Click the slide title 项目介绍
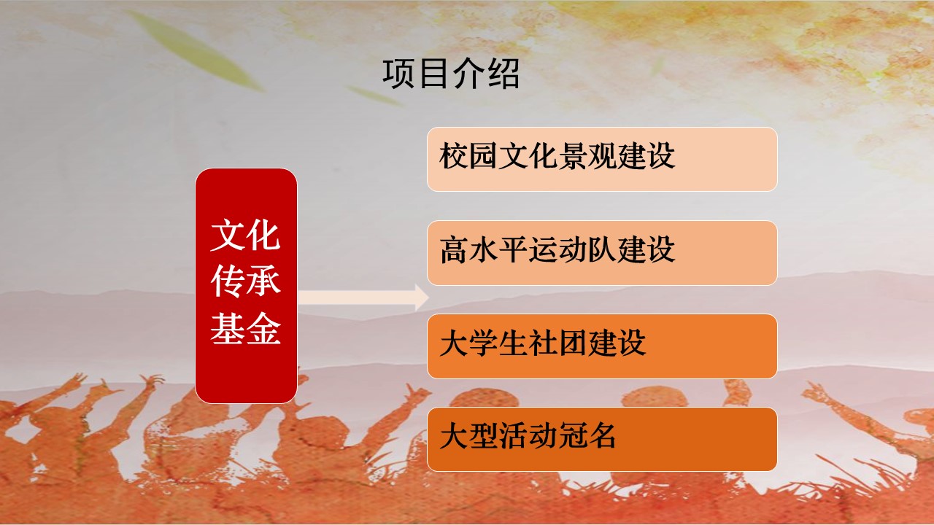pos(451,74)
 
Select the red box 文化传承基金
pos(246,286)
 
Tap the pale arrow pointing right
pos(363,297)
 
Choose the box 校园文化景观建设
pos(602,159)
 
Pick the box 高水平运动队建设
pos(602,253)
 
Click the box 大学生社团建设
pos(602,346)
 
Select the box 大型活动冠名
pos(602,440)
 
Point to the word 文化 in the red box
pos(246,236)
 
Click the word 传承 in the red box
pos(246,281)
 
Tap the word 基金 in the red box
pos(246,328)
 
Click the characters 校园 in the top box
pos(468,156)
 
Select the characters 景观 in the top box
pos(587,156)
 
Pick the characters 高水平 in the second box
pos(483,249)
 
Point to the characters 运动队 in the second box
pos(573,249)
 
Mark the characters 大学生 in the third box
pos(483,343)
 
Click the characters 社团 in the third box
pos(557,343)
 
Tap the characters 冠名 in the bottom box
pos(587,436)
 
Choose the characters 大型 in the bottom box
pos(468,436)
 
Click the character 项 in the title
pos(399,74)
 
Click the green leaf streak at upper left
pos(196,50)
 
